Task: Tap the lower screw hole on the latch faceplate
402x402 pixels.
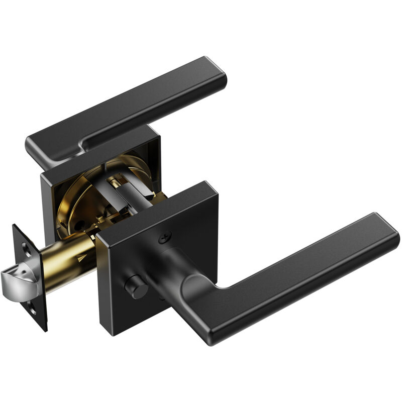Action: tap(33, 310)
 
